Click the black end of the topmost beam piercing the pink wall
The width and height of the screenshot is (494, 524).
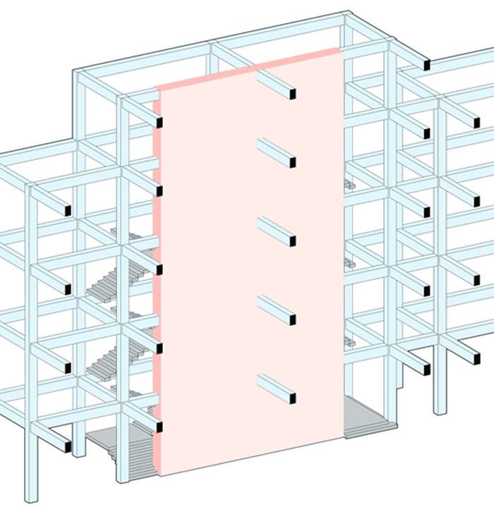click(292, 93)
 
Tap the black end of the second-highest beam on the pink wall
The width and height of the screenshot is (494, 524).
click(292, 162)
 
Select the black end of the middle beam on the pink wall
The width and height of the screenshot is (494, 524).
click(292, 241)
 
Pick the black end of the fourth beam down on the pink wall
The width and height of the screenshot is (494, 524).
click(292, 320)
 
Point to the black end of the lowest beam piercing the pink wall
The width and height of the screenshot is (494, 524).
click(292, 398)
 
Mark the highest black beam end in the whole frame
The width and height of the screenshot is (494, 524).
click(427, 66)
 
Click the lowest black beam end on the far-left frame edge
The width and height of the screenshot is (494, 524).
click(67, 446)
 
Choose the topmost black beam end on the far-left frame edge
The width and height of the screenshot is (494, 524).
click(67, 210)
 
